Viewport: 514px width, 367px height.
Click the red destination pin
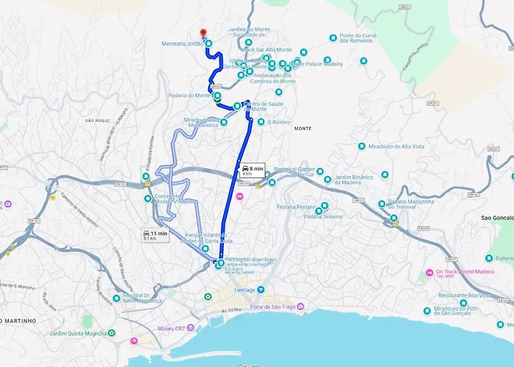click(x=203, y=34)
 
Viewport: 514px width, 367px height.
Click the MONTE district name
click(x=303, y=128)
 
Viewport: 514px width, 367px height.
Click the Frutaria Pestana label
click(x=296, y=208)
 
